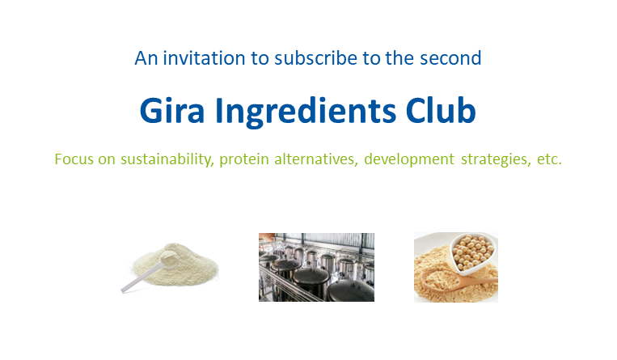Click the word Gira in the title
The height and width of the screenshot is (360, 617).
[x=172, y=110]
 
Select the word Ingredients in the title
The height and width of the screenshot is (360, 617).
[x=306, y=112]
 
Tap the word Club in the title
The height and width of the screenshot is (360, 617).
[x=441, y=110]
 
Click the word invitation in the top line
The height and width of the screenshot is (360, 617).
[x=205, y=58]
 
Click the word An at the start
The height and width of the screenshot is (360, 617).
[x=146, y=58]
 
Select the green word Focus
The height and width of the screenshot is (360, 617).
[x=74, y=159]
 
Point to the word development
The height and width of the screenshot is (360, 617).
[x=409, y=159]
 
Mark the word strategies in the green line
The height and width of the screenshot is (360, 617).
[x=496, y=160]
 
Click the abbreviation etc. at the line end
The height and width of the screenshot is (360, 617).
[x=549, y=159]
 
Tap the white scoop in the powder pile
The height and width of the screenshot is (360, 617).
[x=150, y=272]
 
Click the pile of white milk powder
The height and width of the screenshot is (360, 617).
[x=176, y=265]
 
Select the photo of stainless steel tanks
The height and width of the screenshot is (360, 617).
[x=316, y=267]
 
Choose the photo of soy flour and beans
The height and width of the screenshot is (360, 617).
[x=455, y=268]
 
